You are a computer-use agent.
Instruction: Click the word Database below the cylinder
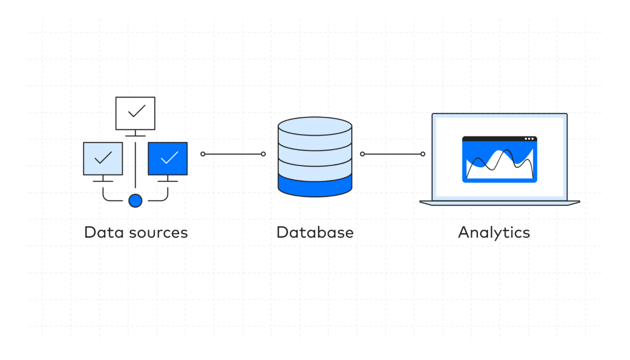(x=315, y=232)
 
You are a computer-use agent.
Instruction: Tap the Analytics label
(x=494, y=232)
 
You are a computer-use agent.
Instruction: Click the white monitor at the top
(x=135, y=113)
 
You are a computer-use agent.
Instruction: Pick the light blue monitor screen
(x=103, y=159)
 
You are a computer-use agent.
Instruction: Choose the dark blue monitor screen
(x=168, y=159)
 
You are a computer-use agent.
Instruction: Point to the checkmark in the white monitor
(x=137, y=111)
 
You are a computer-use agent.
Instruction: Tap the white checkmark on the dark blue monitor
(x=169, y=158)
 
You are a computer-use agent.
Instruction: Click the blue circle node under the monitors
(x=135, y=201)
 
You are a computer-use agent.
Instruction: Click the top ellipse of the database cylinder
(x=315, y=126)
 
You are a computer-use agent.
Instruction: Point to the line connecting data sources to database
(x=233, y=154)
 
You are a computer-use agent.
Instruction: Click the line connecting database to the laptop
(x=392, y=154)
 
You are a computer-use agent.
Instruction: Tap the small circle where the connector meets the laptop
(x=423, y=154)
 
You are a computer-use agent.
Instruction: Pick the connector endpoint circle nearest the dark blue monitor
(x=203, y=154)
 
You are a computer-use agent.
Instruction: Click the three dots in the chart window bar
(x=529, y=139)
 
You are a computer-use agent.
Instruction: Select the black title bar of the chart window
(x=493, y=139)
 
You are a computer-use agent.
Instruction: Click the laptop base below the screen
(x=500, y=203)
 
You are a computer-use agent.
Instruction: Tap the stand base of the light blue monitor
(x=103, y=181)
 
